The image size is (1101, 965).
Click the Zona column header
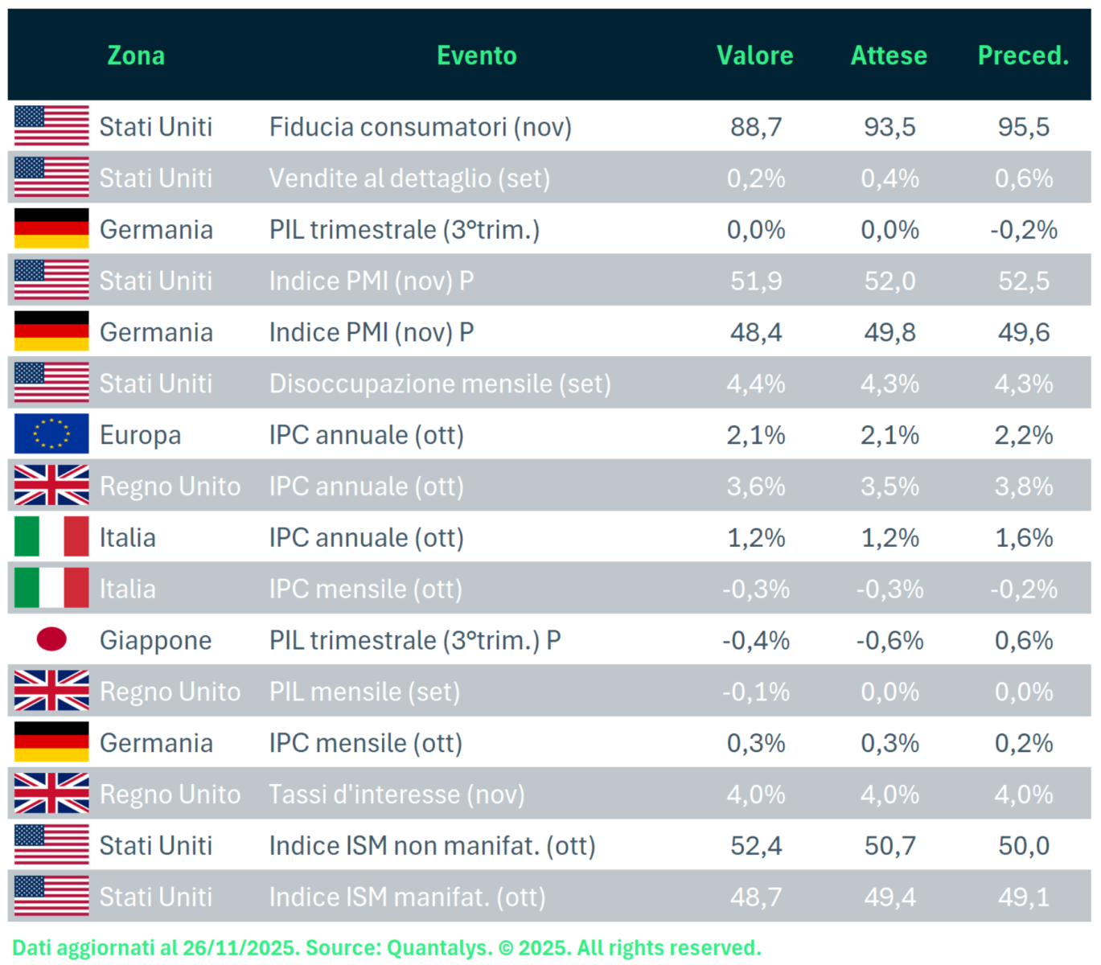click(136, 55)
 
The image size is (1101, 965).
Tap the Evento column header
click(476, 55)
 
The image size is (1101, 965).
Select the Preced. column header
click(1023, 55)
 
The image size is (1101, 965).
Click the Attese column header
click(889, 55)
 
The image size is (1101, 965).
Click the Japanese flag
click(51, 640)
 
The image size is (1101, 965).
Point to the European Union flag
click(51, 434)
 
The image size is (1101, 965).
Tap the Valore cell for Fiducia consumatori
click(755, 127)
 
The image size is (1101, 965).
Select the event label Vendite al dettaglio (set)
click(409, 179)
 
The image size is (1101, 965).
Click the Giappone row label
click(155, 641)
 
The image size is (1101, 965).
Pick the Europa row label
click(140, 435)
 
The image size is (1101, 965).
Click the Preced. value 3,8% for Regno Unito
click(1023, 487)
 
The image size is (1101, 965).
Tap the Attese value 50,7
click(889, 846)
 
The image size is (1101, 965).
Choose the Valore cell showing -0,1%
click(755, 692)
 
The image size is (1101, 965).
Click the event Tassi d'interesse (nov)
click(396, 795)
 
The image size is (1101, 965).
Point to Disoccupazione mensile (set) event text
click(440, 384)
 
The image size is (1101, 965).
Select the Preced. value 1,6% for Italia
click(1023, 538)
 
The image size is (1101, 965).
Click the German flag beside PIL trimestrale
click(51, 229)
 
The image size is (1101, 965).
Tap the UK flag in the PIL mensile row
click(51, 692)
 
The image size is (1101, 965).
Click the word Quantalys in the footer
click(439, 947)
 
